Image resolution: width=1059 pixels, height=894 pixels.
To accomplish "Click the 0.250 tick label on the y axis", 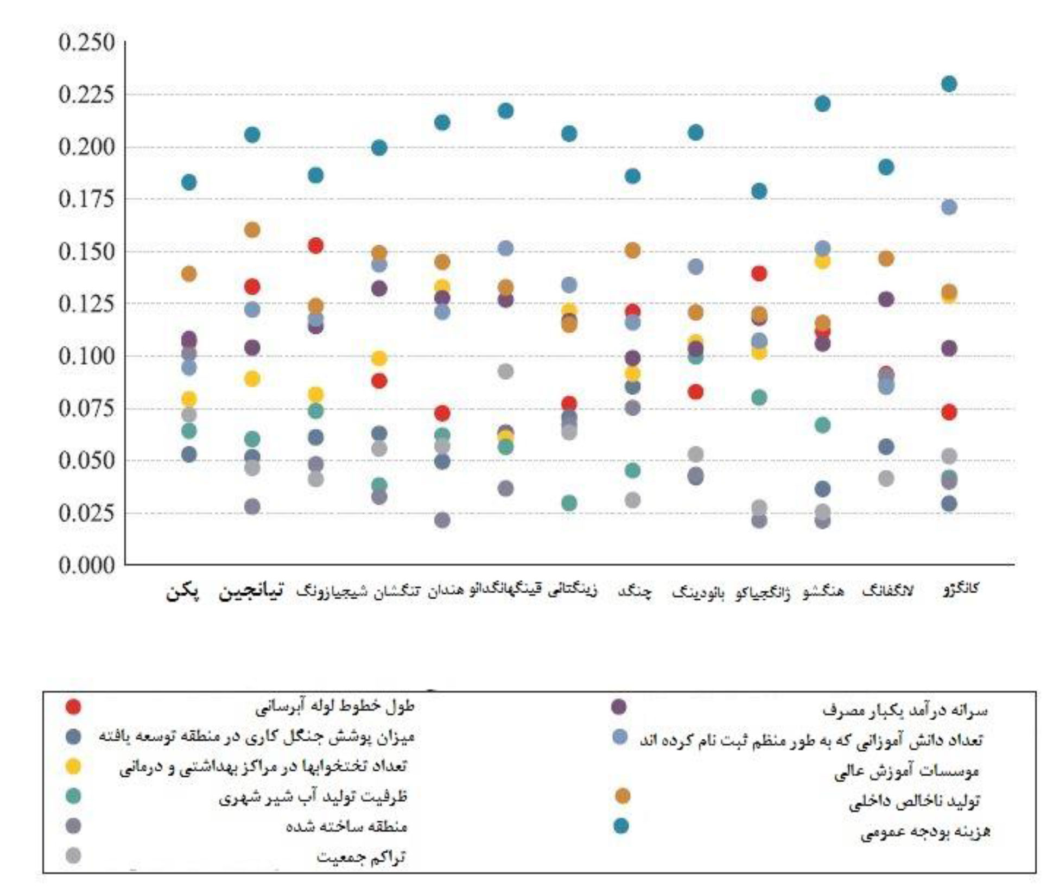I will click(87, 42).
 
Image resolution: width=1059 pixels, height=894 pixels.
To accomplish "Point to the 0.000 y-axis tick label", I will click(87, 566).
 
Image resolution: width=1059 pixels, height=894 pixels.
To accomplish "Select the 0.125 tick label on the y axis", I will click(87, 304).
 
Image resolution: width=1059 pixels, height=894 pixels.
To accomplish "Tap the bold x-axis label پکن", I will click(182, 592).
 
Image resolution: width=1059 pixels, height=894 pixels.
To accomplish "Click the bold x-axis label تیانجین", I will click(251, 591).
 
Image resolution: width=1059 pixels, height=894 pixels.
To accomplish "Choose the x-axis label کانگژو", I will click(960, 589).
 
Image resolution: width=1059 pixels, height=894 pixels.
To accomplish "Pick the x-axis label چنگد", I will click(635, 592).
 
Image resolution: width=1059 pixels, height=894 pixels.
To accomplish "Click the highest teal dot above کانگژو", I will click(949, 84).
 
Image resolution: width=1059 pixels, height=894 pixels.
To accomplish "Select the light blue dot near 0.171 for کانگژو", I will click(949, 207).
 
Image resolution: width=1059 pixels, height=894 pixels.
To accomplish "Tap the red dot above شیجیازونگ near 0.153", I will click(316, 246).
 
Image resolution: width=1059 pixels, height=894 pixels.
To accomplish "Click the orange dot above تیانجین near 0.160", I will click(252, 230).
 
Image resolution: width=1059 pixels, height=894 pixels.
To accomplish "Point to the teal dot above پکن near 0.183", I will click(189, 182).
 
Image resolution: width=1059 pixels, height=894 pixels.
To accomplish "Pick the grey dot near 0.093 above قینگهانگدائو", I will click(506, 372).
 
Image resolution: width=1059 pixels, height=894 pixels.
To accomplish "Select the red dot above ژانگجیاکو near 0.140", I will click(759, 274).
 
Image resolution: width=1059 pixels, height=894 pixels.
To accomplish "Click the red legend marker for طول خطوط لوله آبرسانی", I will click(73, 707).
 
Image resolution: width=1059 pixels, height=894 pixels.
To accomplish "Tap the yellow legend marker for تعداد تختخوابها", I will click(73, 766).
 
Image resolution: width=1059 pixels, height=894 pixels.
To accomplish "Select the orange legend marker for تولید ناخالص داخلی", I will click(623, 796).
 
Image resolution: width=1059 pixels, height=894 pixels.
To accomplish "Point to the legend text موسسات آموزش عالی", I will click(906, 771).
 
